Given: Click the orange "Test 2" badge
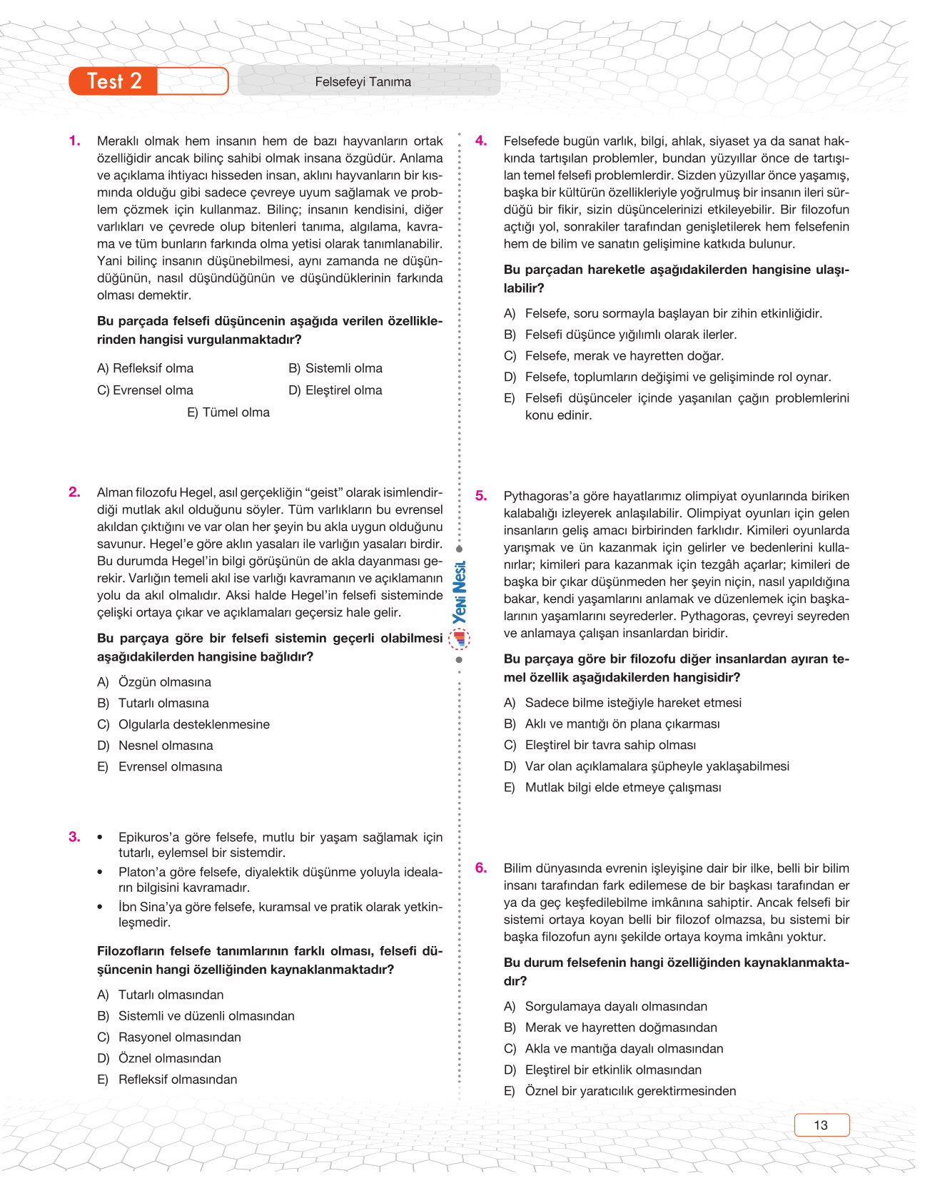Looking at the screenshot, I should click(x=114, y=81).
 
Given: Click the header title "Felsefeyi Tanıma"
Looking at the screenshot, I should click(x=363, y=82).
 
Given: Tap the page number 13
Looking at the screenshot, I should click(x=821, y=1125).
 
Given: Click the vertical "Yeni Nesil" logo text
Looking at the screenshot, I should click(x=460, y=592).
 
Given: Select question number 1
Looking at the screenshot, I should click(x=75, y=141).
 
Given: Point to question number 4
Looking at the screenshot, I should click(x=482, y=141).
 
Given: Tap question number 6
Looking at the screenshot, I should click(x=482, y=868).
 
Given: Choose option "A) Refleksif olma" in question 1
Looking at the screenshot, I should click(x=145, y=368).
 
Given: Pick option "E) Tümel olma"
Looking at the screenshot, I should click(x=228, y=412).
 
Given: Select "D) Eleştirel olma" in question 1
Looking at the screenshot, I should click(x=335, y=390).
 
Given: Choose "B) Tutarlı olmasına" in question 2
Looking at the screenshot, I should click(x=153, y=703).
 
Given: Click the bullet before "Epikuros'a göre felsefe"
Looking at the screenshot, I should click(x=101, y=838).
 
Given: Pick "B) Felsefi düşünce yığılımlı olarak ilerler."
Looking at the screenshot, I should click(x=620, y=335).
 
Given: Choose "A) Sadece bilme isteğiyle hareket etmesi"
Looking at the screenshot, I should click(x=622, y=703).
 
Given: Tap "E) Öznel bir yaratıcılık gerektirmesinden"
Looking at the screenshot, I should click(x=620, y=1091).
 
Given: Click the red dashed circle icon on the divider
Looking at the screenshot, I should click(x=460, y=638).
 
